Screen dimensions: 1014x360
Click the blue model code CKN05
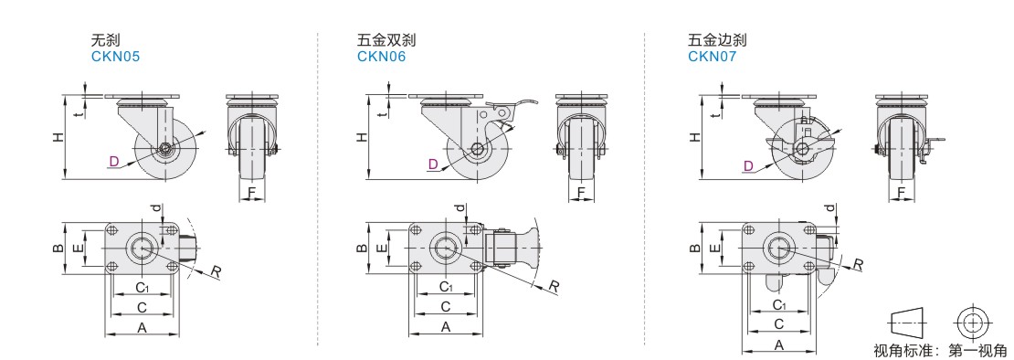[x=115, y=57]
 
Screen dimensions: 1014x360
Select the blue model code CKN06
[x=382, y=57]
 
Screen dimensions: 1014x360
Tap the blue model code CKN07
[x=712, y=57]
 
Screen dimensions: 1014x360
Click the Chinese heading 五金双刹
[x=386, y=40]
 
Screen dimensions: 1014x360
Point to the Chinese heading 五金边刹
[x=717, y=40]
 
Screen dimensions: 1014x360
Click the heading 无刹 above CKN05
[x=106, y=40]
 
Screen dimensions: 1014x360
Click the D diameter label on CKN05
[x=114, y=161]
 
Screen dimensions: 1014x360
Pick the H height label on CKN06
[x=362, y=136]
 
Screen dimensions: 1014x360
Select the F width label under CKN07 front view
[x=901, y=192]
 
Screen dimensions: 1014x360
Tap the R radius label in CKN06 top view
[x=555, y=286]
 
